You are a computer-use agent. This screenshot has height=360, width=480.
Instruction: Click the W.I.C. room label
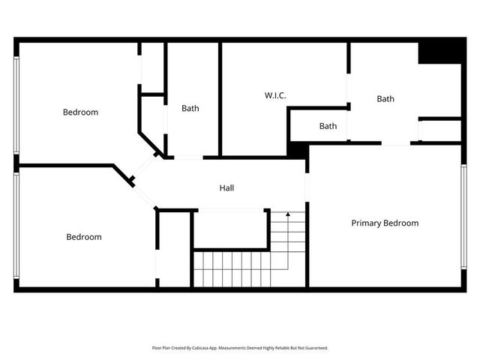coord(275,95)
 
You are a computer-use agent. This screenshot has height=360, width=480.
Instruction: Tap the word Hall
coord(226,187)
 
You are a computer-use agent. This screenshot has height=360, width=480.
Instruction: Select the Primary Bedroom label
coord(385,223)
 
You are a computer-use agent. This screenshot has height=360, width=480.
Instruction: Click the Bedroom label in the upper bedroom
coord(80,112)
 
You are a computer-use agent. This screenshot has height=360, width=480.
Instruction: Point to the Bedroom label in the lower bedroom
coord(83,237)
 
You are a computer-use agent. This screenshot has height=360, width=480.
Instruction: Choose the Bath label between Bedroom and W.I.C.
coord(190,108)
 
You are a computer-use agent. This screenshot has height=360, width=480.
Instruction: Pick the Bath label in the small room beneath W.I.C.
coord(328,126)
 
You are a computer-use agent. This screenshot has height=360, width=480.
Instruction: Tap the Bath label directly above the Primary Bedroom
coord(385,98)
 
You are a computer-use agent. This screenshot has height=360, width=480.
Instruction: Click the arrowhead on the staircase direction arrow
coord(287,214)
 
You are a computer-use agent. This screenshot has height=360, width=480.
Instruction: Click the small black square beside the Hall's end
coord(298,150)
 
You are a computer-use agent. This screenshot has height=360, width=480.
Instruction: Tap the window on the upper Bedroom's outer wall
coord(16,105)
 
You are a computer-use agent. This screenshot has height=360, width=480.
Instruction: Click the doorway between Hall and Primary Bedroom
coord(306,187)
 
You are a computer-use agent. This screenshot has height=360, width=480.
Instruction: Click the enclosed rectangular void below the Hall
coord(230,229)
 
